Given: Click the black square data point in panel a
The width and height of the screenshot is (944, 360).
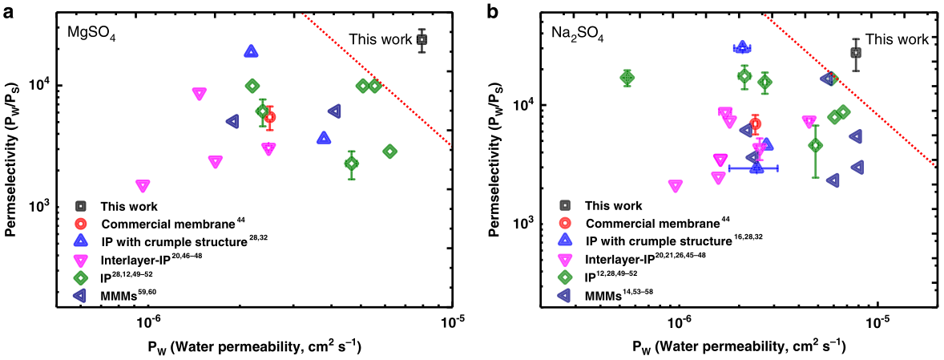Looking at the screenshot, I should tap(422, 39).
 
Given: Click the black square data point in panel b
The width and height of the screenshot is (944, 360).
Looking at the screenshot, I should tap(856, 52).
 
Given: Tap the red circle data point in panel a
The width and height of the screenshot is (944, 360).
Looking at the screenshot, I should tap(270, 117).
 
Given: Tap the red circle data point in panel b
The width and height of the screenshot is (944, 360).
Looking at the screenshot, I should tap(755, 124).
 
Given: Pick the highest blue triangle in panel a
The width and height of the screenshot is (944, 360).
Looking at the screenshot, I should tap(251, 52).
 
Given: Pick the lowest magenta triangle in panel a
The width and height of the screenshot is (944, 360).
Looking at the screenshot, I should tap(143, 185).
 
